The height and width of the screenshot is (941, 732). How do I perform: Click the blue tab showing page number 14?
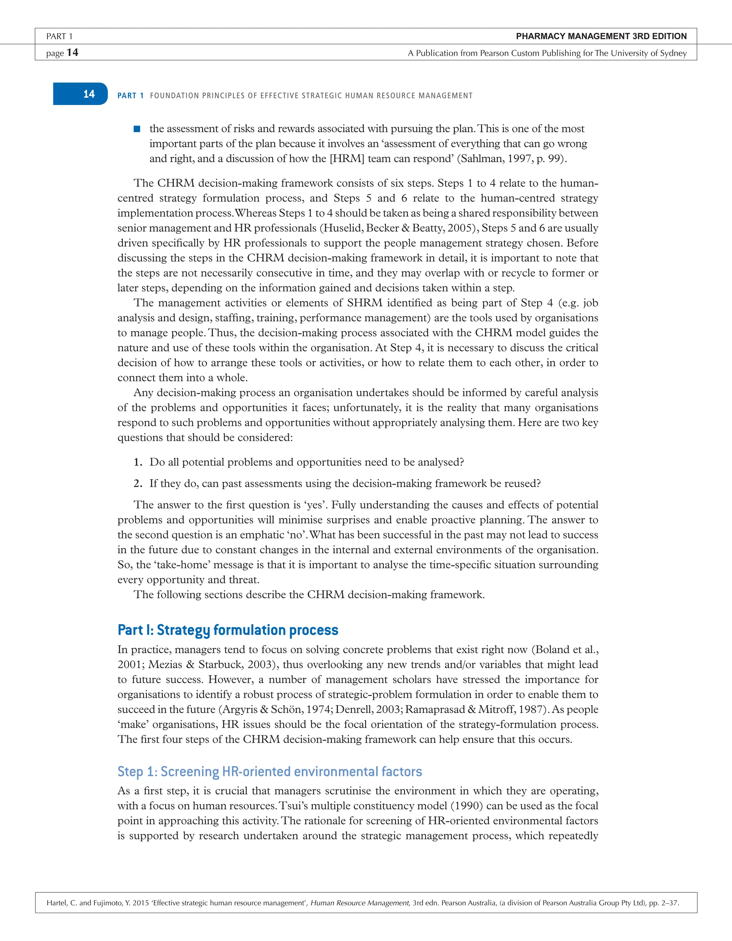click(x=80, y=94)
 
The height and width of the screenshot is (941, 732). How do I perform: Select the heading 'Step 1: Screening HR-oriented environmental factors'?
click(x=270, y=771)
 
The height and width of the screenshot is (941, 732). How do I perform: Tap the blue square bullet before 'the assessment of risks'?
click(x=137, y=129)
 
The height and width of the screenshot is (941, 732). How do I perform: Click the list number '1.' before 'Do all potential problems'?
click(x=138, y=462)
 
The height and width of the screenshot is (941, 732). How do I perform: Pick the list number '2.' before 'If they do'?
click(x=138, y=484)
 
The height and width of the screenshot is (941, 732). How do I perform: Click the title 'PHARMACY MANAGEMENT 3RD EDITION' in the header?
click(x=601, y=36)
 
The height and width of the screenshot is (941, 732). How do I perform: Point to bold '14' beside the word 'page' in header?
click(x=73, y=53)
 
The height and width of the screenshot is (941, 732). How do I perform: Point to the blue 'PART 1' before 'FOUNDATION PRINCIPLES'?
click(x=130, y=96)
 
